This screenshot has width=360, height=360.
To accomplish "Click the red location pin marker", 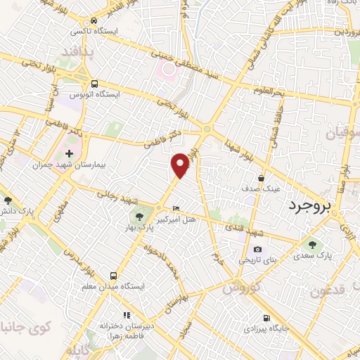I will point(180,165).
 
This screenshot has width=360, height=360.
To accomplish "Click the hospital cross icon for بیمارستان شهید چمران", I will point(69,153).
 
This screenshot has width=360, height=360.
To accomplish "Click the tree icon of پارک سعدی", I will point(311,245).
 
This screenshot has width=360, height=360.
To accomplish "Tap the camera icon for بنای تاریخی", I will point(257,249).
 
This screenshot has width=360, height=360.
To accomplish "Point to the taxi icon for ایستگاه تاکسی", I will point(94,20).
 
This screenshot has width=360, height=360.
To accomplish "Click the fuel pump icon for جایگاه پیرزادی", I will point(265,316).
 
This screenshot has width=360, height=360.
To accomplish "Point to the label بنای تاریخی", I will point(257,261).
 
